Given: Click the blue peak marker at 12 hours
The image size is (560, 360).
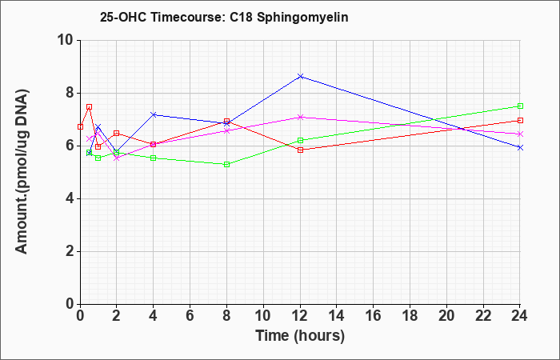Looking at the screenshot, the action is (x=300, y=77).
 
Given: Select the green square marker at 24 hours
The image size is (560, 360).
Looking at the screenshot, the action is (x=520, y=106).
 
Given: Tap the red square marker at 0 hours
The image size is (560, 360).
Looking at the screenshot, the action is (x=80, y=126).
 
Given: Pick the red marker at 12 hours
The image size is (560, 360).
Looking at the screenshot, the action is (x=300, y=150).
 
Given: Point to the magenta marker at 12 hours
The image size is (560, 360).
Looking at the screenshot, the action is (x=300, y=117).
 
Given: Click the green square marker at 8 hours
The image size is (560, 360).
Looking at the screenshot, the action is (x=226, y=165).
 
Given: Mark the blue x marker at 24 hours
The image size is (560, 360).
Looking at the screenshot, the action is (x=520, y=147).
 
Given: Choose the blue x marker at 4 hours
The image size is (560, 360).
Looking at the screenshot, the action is (x=154, y=114).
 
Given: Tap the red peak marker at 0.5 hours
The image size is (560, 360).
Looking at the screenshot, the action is (x=90, y=106).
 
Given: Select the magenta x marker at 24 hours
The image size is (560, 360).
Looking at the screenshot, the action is (x=520, y=134).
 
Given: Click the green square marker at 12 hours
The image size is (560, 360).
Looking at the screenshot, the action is (x=300, y=140).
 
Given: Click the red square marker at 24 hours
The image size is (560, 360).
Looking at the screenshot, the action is (x=520, y=120).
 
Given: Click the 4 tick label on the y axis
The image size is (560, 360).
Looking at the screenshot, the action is (x=70, y=198).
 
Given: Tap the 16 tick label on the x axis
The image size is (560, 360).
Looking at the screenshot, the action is (x=373, y=316).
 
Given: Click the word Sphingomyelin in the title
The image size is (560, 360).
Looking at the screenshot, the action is (x=302, y=18).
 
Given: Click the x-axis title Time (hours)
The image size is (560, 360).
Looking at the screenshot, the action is (x=300, y=336).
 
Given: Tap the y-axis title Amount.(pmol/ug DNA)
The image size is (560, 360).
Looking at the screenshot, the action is (x=22, y=172).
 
